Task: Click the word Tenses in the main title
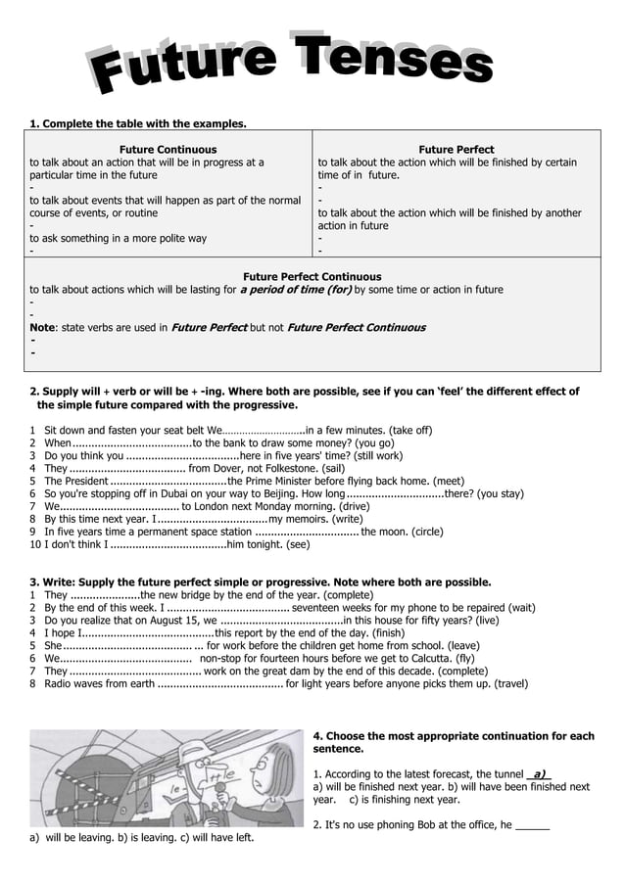(393, 59)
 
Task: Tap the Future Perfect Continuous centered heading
(312, 277)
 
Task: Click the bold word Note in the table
(42, 327)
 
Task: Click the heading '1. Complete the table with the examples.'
(137, 124)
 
